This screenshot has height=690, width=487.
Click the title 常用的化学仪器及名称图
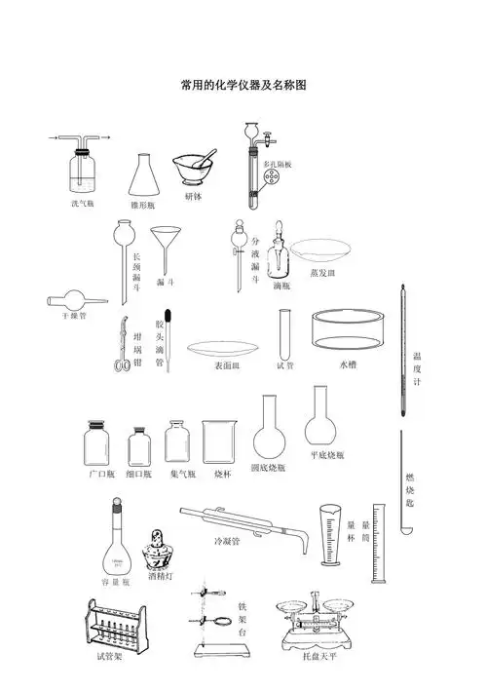pos(243,86)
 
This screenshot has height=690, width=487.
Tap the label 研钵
pos(194,196)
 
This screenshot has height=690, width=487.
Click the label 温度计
pos(417,369)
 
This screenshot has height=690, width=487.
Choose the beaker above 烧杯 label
pos(219,441)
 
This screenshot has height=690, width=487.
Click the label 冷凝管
pos(227,540)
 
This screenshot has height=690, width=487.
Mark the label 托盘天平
pos(318,657)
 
